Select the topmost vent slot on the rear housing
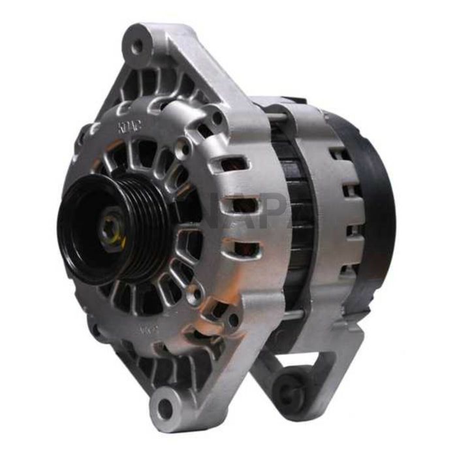(339, 154)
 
